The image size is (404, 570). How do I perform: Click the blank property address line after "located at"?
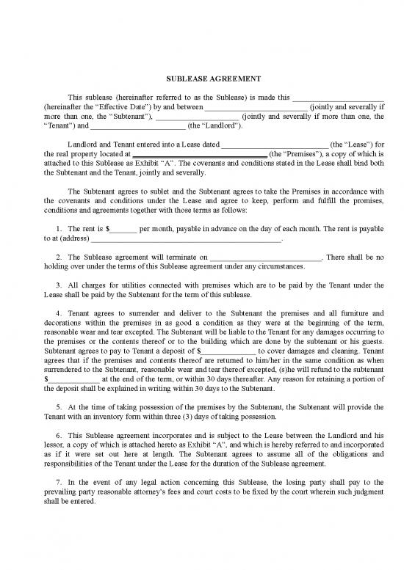199,154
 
